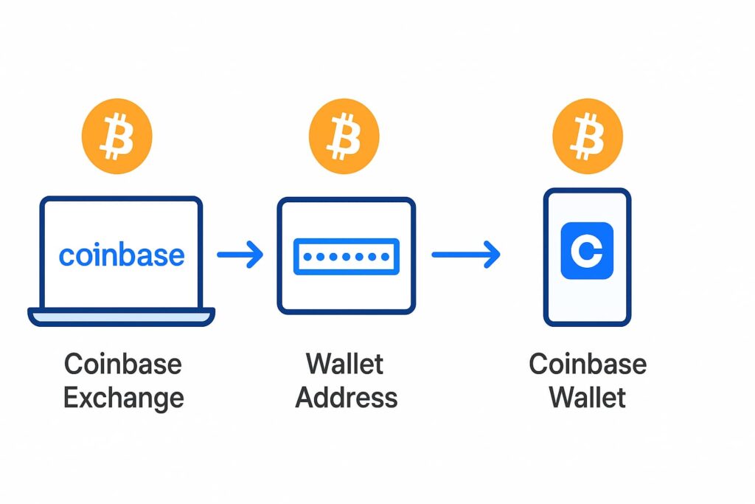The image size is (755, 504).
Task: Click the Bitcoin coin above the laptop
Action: point(116,137)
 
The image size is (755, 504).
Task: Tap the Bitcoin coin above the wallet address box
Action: point(344,137)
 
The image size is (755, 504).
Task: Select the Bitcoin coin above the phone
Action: point(587,137)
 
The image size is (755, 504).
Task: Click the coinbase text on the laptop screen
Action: point(122,255)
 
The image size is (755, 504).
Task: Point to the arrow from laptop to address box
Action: point(240,255)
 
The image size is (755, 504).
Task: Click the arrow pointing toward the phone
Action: point(466,255)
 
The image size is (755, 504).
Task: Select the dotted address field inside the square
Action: point(346,257)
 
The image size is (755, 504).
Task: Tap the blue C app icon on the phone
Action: point(587,251)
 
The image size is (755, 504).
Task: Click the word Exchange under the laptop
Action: point(123,398)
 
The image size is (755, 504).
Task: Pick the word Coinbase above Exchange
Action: point(123,364)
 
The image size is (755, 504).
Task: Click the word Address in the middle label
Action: point(346,398)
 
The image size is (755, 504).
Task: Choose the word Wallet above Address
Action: point(346,364)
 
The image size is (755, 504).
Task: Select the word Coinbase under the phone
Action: point(588,364)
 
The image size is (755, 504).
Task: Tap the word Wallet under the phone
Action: point(588,398)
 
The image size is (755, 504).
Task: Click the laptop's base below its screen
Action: point(122,317)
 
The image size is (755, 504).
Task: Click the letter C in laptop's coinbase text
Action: point(66,257)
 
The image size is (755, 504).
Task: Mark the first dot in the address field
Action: point(307,257)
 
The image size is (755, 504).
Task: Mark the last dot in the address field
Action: point(385,257)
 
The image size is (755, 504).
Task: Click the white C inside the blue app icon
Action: point(587,251)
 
